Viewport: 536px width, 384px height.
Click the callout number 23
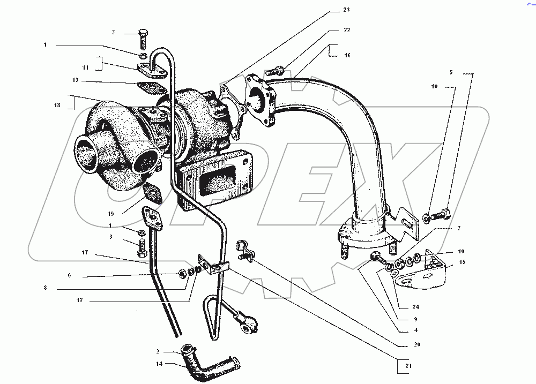point(346,10)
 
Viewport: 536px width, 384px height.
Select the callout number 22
point(346,31)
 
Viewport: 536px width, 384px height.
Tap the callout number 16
point(347,55)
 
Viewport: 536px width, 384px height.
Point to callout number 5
point(451,72)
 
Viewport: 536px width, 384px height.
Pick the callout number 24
point(416,307)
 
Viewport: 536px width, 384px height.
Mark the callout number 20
point(416,344)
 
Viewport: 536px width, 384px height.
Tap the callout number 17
point(85,252)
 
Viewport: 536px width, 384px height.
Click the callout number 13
point(76,80)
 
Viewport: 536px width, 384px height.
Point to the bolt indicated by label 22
point(273,70)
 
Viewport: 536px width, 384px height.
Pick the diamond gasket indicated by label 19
point(153,193)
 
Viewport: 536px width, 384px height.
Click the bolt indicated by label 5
point(442,216)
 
